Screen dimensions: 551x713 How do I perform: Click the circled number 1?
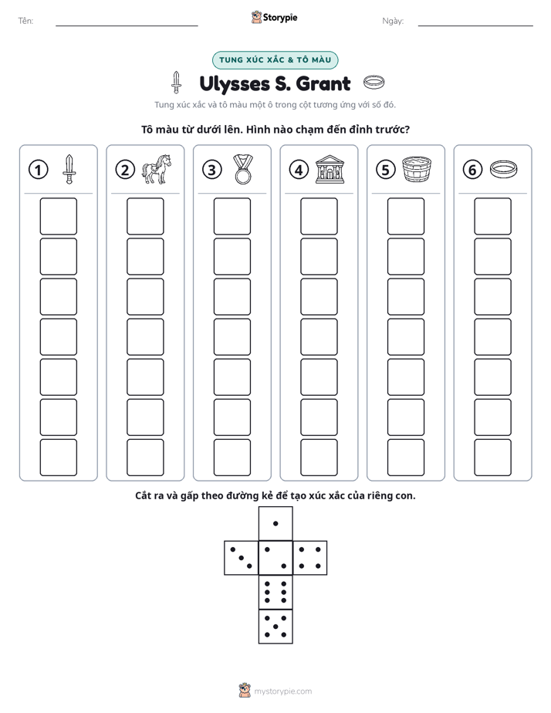[x=38, y=170]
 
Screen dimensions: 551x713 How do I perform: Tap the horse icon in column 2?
[x=157, y=169]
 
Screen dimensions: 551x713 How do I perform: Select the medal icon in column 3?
[x=243, y=169]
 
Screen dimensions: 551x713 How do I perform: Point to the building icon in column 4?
[x=330, y=169]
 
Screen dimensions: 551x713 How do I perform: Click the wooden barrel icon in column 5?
[x=417, y=169]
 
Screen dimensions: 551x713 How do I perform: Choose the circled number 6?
[x=472, y=170]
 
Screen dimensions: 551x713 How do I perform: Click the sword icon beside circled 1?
[x=69, y=169]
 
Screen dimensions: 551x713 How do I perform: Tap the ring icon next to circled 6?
[x=504, y=169]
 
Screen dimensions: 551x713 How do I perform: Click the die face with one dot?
[x=275, y=523]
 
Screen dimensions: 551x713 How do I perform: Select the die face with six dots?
[x=275, y=592]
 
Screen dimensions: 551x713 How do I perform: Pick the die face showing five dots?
[x=275, y=626]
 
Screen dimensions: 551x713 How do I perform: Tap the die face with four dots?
[x=310, y=557]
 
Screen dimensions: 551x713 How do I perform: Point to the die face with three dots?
[x=242, y=557]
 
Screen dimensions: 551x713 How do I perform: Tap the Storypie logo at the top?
[x=274, y=17]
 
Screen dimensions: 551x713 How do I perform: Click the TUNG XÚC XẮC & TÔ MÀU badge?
[x=275, y=60]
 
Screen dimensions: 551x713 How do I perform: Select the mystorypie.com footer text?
[x=282, y=691]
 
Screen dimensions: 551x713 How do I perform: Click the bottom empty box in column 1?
[x=58, y=458]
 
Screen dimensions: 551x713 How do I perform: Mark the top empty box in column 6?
[x=493, y=216]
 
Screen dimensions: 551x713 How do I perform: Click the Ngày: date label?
[x=393, y=21]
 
